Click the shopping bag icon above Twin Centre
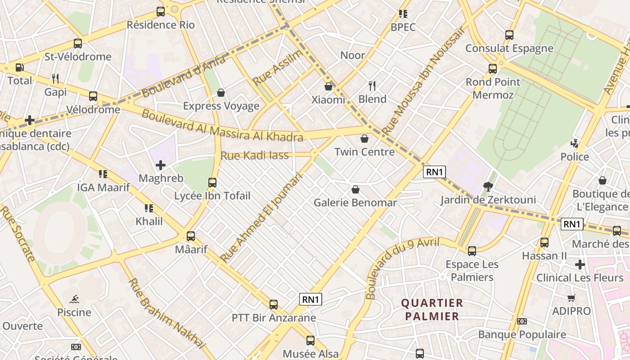[364, 139]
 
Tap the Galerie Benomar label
[355, 202]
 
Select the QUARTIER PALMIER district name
[432, 310]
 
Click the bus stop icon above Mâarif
[191, 236]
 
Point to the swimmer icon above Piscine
[74, 299]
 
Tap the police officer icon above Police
[574, 144]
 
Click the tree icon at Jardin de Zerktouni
[488, 186]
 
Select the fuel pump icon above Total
[20, 67]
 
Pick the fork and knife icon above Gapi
[55, 79]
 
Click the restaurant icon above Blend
[372, 85]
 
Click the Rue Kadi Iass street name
[254, 156]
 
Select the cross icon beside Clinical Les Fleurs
[580, 265]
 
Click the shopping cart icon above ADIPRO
[571, 298]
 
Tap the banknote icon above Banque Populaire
[522, 321]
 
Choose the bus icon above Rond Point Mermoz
[493, 69]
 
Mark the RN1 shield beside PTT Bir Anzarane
[311, 299]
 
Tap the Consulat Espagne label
[509, 48]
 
